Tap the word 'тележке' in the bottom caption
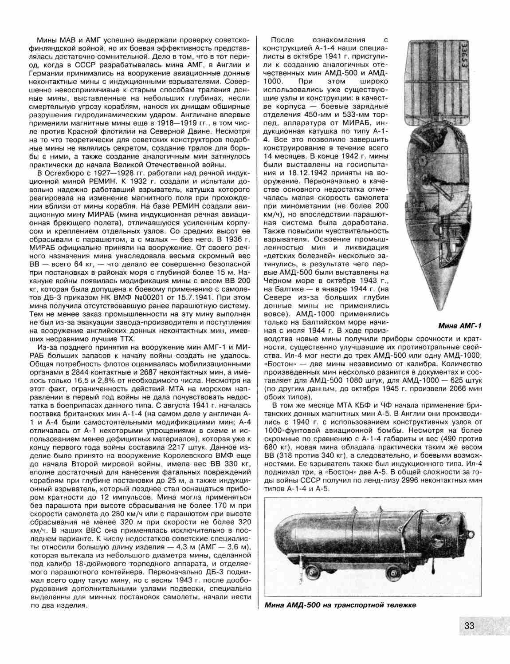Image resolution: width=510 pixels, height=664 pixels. coord(400,606)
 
